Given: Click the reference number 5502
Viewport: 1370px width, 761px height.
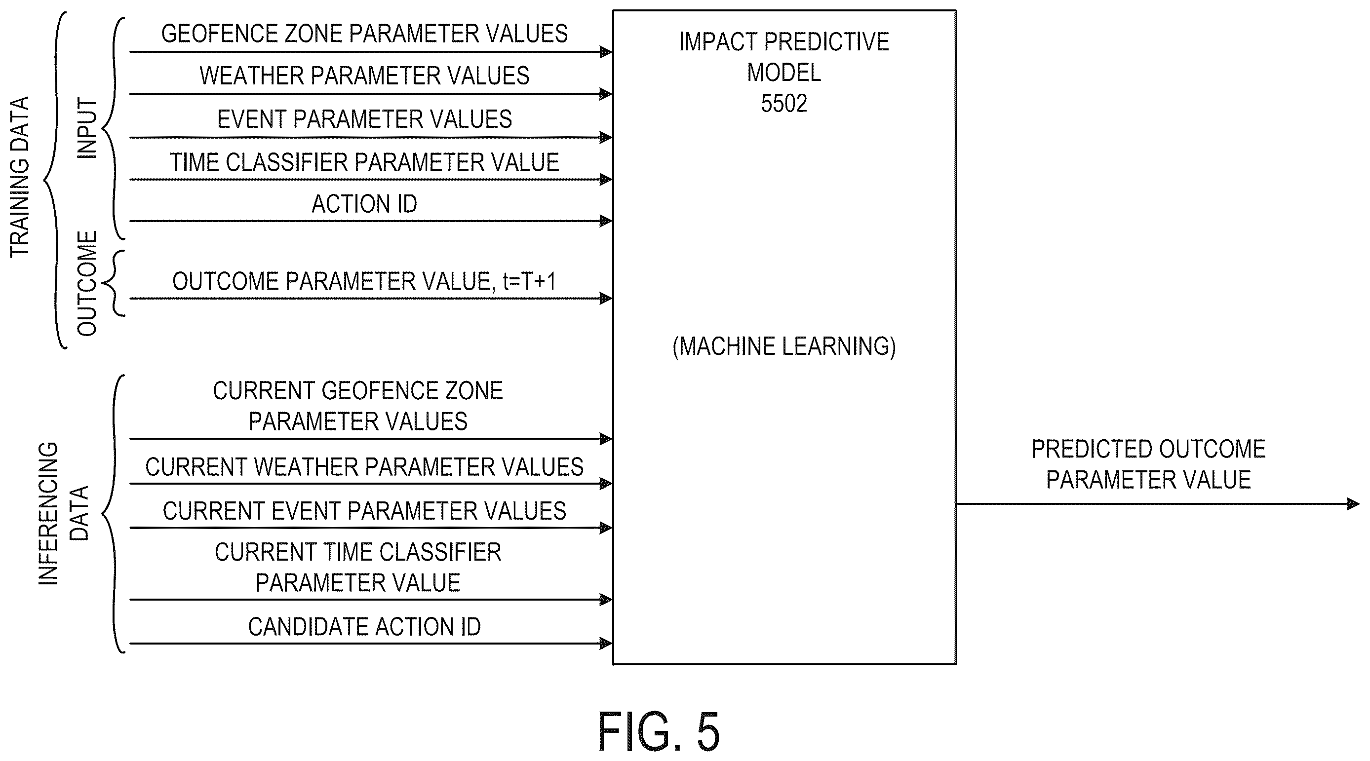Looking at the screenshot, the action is tap(783, 103).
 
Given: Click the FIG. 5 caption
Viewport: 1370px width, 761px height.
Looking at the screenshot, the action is tap(659, 732).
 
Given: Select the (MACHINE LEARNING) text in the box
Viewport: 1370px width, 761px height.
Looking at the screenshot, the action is tap(784, 346).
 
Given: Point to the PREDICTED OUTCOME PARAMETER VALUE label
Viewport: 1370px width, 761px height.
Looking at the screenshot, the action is tap(1148, 464).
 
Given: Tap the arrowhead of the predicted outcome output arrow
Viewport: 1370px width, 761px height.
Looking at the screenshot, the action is tap(1353, 503).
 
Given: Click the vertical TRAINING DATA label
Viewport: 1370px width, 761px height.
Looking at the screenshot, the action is tap(20, 177).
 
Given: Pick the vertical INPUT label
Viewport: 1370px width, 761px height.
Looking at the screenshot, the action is tap(87, 128).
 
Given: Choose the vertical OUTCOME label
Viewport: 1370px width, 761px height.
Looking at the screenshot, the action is tap(87, 283).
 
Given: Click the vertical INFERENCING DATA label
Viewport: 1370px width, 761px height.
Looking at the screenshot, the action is tap(63, 513).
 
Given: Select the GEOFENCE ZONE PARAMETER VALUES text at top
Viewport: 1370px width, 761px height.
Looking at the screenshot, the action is tap(364, 34).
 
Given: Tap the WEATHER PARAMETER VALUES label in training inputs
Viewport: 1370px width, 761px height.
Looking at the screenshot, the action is tap(364, 76).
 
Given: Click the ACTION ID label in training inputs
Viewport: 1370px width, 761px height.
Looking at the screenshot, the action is tap(364, 204).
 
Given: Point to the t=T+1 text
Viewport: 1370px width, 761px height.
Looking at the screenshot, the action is tap(529, 281).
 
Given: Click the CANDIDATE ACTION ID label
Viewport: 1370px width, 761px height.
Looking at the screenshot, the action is tap(364, 626).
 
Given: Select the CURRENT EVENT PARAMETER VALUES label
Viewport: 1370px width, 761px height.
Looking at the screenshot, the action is tap(364, 510).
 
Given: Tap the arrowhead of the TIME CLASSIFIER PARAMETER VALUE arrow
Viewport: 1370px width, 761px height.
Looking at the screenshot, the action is tap(606, 180).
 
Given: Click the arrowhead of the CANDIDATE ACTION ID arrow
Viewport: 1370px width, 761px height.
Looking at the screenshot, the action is tap(606, 644).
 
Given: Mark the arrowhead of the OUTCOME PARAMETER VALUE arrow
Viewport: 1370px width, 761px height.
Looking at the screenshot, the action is tap(606, 299).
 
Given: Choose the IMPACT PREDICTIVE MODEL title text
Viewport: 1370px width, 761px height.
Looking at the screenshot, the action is tap(784, 57).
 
